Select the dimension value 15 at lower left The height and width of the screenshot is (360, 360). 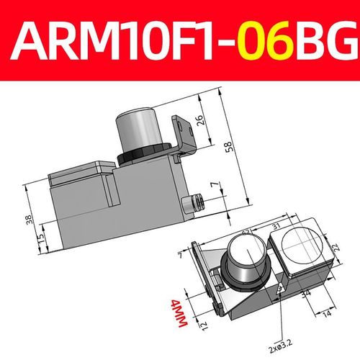pyautogui.click(x=40, y=235)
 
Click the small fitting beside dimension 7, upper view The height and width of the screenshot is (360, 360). pyautogui.click(x=193, y=204)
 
